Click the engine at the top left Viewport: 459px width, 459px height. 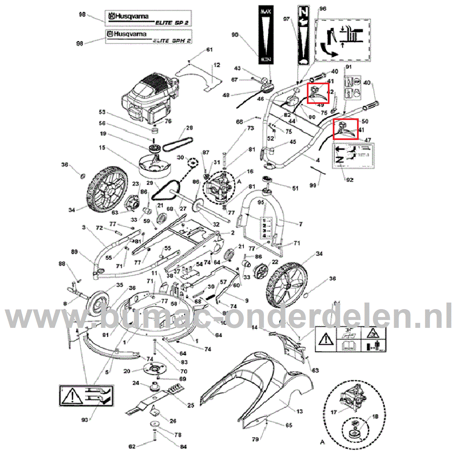[x=149, y=98]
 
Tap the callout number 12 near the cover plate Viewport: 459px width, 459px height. [x=217, y=65]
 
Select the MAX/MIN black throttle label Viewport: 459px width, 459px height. [x=266, y=34]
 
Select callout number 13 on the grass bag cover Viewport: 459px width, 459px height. [x=300, y=411]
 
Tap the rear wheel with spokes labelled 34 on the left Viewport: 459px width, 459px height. [x=107, y=189]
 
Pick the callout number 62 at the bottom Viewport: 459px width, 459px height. [x=132, y=447]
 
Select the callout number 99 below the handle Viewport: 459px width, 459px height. [x=313, y=185]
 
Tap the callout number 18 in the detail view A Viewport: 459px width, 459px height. [x=375, y=416]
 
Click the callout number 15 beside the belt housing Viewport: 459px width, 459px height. [x=102, y=148]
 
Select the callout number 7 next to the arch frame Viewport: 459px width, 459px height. [x=301, y=224]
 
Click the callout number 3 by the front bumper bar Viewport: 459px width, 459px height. [x=84, y=227]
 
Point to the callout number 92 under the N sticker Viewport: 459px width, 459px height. [x=350, y=180]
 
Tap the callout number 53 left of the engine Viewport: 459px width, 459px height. [x=102, y=112]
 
